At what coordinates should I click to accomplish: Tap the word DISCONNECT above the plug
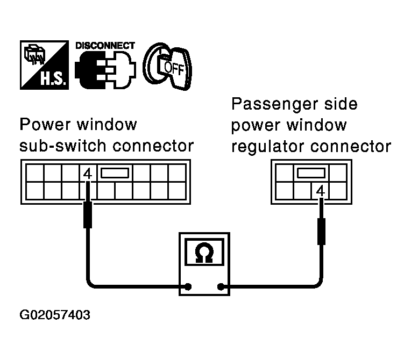click(105, 46)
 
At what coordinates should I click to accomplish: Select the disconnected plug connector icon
click(105, 71)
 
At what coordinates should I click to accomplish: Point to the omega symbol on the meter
click(204, 251)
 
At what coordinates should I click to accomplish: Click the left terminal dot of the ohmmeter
click(188, 286)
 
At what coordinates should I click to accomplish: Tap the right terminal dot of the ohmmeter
click(221, 286)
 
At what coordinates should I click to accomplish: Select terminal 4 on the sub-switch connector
click(88, 174)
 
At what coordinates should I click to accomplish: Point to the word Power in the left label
click(41, 125)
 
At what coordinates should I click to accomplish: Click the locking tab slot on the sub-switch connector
click(115, 174)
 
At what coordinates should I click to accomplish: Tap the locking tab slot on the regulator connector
click(311, 174)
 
